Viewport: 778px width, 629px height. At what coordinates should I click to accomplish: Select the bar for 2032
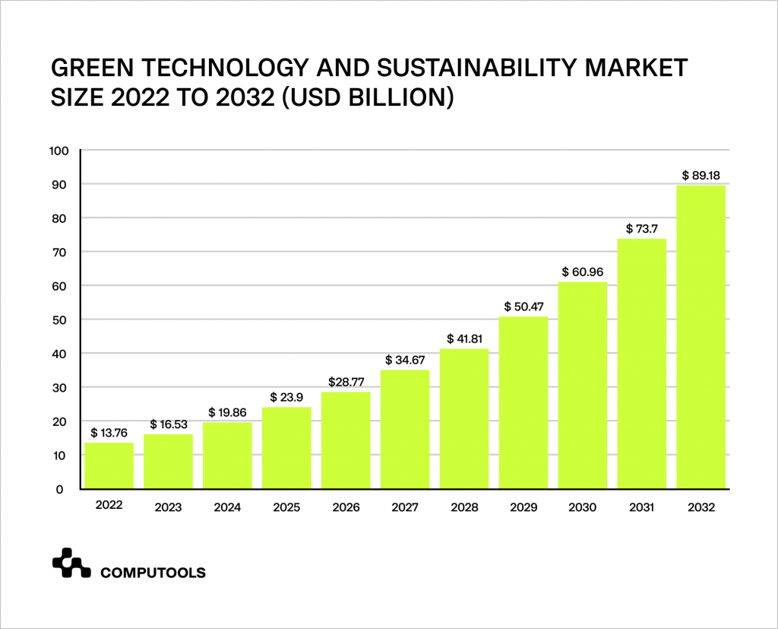click(x=701, y=337)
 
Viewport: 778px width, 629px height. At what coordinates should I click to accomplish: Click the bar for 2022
click(x=109, y=465)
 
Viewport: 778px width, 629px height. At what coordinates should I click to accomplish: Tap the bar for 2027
click(x=405, y=429)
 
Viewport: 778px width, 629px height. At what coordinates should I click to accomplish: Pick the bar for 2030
click(x=583, y=385)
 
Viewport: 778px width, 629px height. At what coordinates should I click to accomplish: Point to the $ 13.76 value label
click(x=109, y=433)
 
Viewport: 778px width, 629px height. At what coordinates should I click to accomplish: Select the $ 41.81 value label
click(x=464, y=338)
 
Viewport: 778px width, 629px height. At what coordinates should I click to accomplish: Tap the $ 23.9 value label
click(x=286, y=397)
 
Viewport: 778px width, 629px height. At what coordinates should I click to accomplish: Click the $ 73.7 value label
click(x=641, y=228)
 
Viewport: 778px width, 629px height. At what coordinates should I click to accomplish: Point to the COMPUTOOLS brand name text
click(x=153, y=573)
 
